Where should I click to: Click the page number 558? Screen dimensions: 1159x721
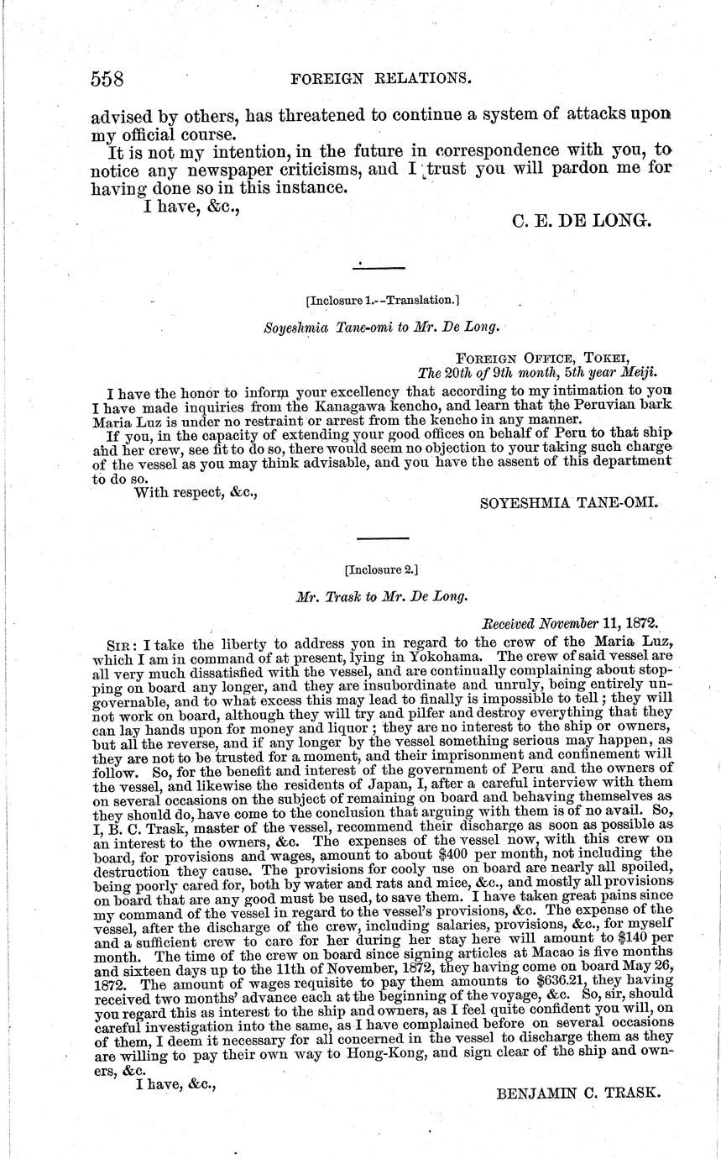[107, 79]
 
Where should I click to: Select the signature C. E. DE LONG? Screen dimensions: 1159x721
[580, 221]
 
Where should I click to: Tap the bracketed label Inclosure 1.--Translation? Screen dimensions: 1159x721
[383, 299]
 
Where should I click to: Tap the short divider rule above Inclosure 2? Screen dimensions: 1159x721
[383, 538]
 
